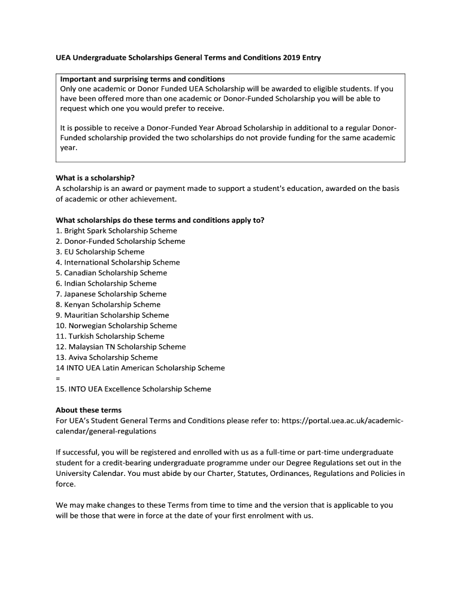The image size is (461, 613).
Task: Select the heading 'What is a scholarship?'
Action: [x=95, y=178]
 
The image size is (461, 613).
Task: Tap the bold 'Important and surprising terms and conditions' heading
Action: [x=142, y=79]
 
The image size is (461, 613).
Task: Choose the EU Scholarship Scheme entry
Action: [x=100, y=252]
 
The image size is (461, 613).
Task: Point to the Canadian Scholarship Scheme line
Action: [x=111, y=273]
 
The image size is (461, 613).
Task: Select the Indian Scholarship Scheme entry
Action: [x=106, y=284]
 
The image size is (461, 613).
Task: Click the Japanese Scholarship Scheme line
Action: [x=111, y=294]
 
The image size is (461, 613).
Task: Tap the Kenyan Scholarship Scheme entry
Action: [x=108, y=305]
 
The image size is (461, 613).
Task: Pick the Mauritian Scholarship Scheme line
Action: [x=113, y=315]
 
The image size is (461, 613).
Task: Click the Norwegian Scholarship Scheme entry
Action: [x=116, y=326]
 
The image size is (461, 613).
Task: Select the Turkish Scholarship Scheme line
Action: [x=110, y=336]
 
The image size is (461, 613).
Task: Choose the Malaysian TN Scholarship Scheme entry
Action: [x=121, y=347]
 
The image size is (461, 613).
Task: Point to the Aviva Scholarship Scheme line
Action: [x=107, y=357]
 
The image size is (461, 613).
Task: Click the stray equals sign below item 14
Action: [x=58, y=378]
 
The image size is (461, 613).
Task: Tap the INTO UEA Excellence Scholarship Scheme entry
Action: [x=134, y=389]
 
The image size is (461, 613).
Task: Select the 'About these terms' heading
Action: [x=89, y=410]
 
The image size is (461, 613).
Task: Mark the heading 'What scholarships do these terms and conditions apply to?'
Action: [x=160, y=220]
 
